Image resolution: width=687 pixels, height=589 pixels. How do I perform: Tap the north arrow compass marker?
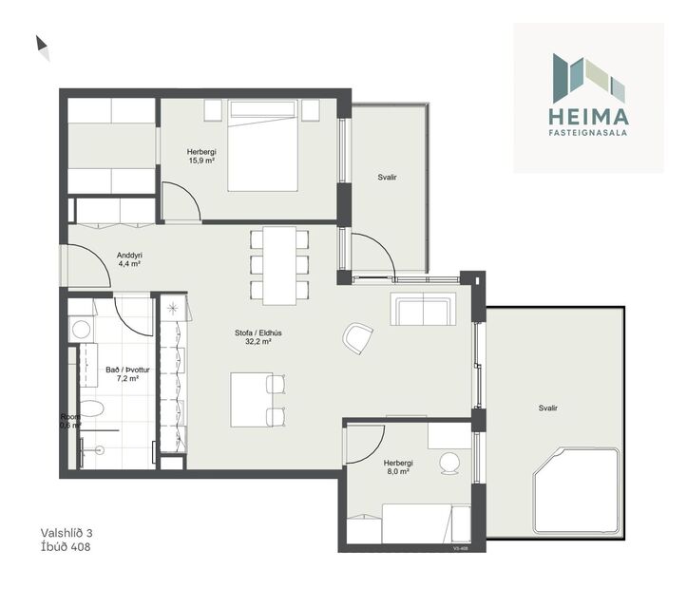[x=43, y=47]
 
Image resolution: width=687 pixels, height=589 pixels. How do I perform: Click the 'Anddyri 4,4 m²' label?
[x=129, y=259]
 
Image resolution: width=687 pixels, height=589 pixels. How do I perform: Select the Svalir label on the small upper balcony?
[x=387, y=177]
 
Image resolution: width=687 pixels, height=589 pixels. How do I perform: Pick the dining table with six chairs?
[x=279, y=263]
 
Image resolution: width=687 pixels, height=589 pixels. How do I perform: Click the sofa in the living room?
[x=423, y=309]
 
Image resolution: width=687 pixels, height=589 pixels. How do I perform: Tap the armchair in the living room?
[x=358, y=337]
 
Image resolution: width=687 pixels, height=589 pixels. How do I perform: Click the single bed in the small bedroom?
[x=408, y=522]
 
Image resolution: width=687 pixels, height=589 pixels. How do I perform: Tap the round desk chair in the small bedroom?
[x=448, y=464]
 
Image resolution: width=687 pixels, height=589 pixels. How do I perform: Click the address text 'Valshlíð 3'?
[x=72, y=533]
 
